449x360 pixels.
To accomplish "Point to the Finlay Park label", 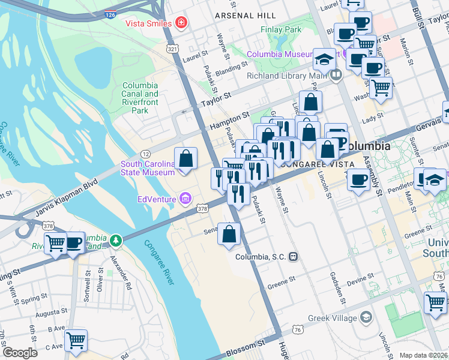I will click(281, 29).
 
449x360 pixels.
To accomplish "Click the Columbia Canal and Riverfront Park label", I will click(140, 98).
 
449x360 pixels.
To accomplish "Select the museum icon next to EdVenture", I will click(184, 199).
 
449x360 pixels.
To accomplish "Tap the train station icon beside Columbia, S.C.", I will click(294, 256).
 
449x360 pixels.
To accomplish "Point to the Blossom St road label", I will click(246, 349).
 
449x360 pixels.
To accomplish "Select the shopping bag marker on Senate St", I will click(229, 235).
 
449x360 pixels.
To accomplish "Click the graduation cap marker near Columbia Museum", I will click(325, 60).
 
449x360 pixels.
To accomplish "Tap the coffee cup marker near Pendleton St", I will click(360, 179).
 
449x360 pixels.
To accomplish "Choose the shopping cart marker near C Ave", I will click(76, 341).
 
